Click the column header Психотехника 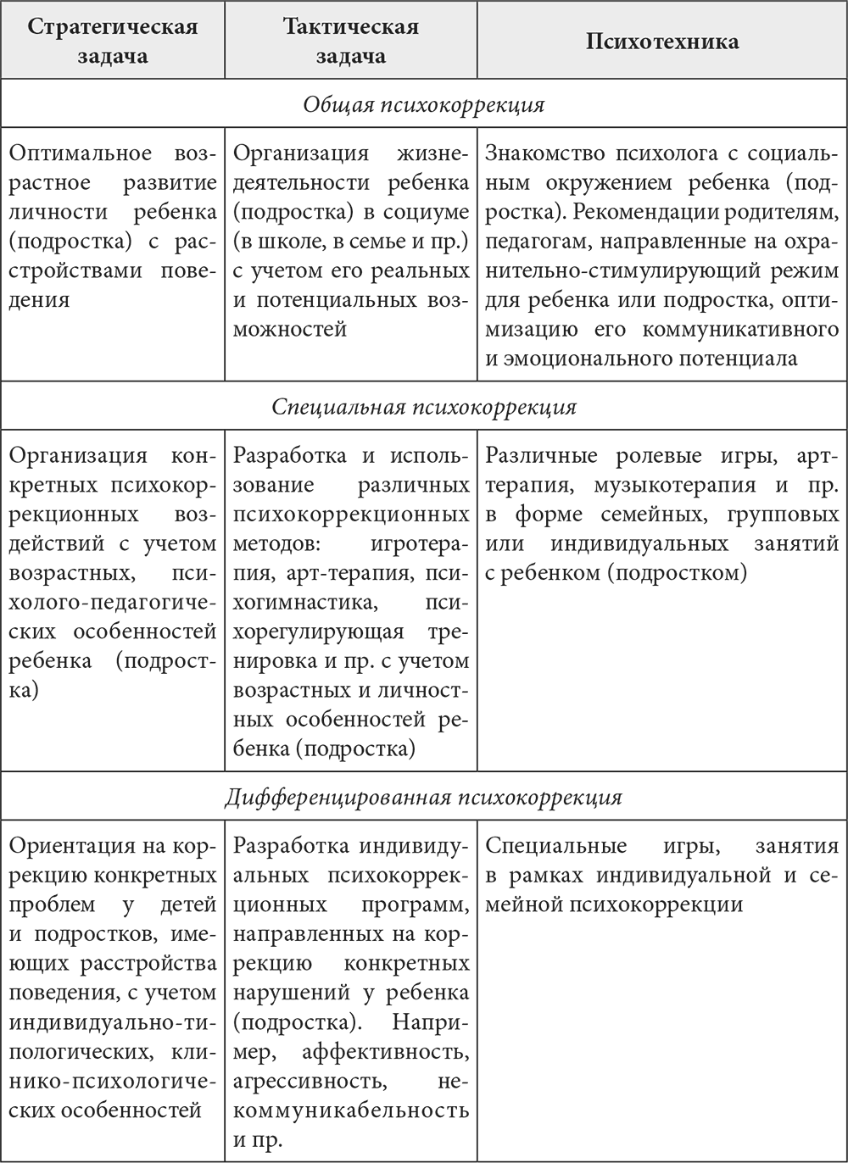pos(661,42)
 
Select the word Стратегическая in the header pos(113,26)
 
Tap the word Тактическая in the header pos(351,26)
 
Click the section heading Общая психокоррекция pos(424,105)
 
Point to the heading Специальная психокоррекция pos(424,407)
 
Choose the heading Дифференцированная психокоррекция pos(424,798)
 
